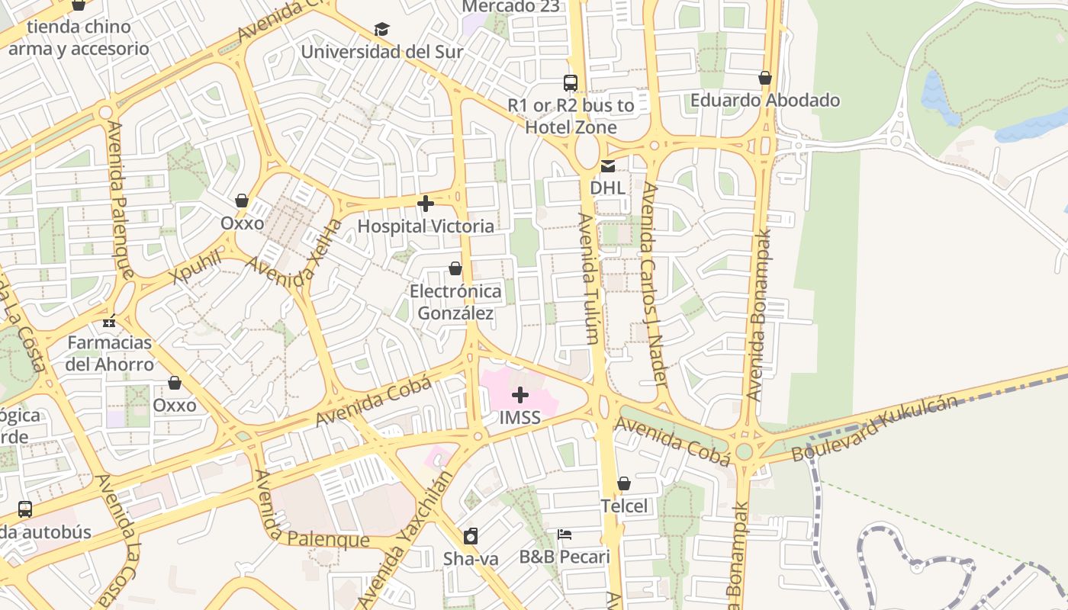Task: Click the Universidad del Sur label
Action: [381, 52]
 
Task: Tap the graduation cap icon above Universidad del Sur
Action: [381, 30]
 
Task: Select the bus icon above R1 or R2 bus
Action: [571, 83]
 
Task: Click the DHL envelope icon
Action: [608, 165]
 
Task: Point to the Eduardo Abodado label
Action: [764, 100]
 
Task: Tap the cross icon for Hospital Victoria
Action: [426, 204]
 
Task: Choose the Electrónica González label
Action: [455, 302]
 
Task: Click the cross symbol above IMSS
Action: [520, 395]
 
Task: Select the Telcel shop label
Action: [623, 506]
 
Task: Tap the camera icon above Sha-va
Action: [471, 536]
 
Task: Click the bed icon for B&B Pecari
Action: [565, 534]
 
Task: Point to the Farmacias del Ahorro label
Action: [109, 353]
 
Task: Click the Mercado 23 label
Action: [510, 7]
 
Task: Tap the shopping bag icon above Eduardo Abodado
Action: [765, 78]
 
